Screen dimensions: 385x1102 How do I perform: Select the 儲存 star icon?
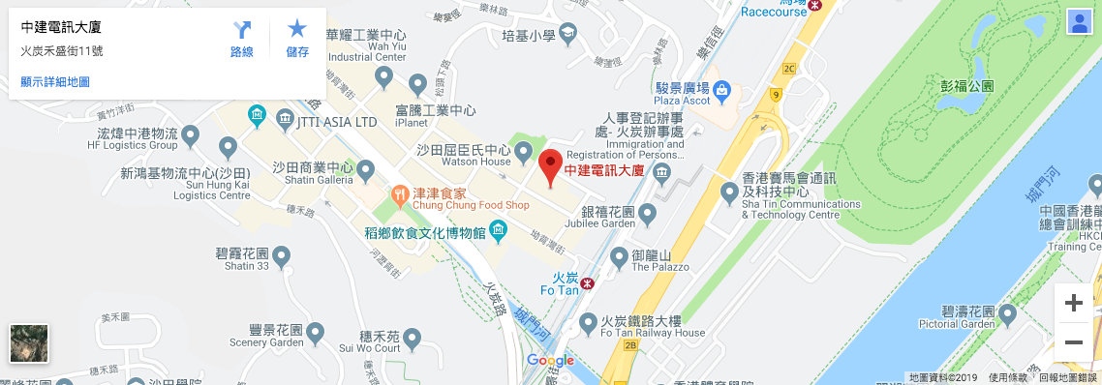tap(297, 30)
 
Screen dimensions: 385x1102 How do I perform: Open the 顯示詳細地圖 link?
tap(55, 82)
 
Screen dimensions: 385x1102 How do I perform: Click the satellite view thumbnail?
tap(29, 343)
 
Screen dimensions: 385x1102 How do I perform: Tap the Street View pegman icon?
tap(1078, 23)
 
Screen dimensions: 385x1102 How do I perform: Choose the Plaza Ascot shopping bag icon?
tap(722, 89)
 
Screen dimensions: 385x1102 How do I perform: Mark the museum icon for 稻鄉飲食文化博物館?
tap(499, 230)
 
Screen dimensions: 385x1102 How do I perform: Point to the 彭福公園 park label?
tap(967, 85)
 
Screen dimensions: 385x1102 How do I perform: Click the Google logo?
tap(550, 361)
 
